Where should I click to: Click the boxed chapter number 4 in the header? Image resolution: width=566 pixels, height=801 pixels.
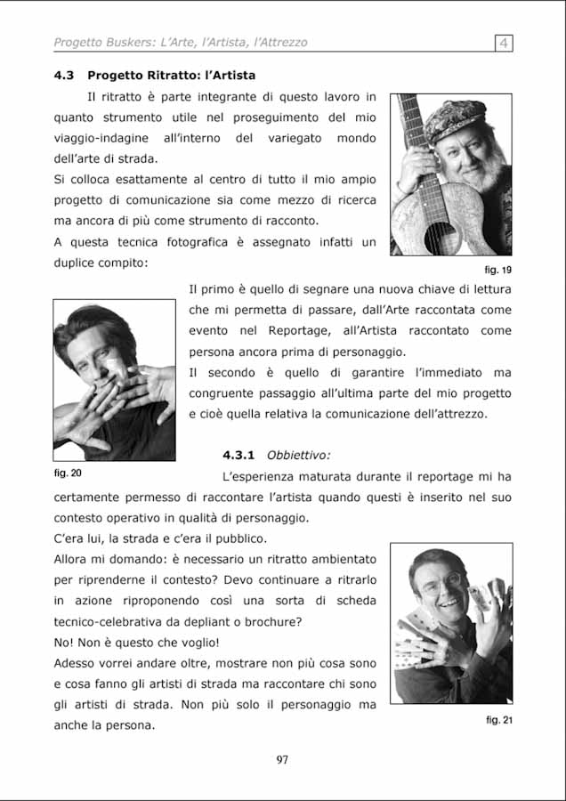(x=504, y=42)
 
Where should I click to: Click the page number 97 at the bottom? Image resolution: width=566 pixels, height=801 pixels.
(x=282, y=759)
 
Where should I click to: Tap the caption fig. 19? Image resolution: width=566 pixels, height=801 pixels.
(x=498, y=269)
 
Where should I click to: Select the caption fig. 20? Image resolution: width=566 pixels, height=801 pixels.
(x=68, y=473)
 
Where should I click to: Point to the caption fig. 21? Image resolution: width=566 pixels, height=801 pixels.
(x=499, y=720)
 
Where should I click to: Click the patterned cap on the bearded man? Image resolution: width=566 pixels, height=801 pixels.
(x=455, y=120)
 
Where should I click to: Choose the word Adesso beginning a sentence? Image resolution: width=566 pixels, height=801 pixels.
(x=77, y=663)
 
